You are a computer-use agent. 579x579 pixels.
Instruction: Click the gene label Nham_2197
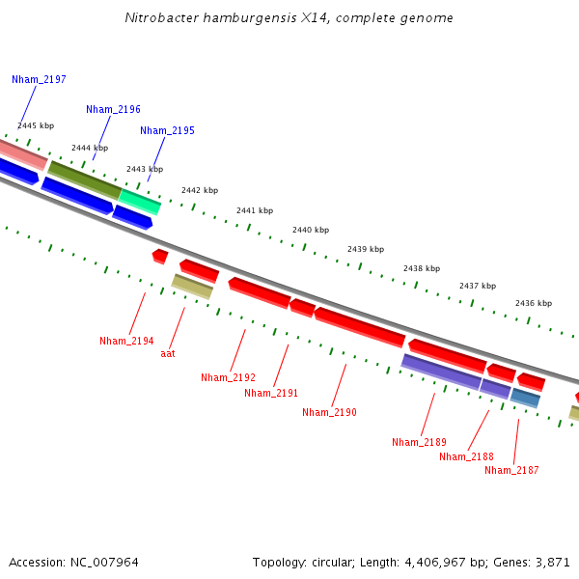click(x=39, y=79)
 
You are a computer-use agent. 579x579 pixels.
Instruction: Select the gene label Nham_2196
click(x=113, y=109)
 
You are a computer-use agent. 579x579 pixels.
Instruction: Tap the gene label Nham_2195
click(x=167, y=130)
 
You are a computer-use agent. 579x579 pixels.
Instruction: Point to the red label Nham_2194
click(x=126, y=341)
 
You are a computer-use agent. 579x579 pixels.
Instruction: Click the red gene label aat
click(x=168, y=353)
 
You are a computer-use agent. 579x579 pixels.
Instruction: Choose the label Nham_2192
click(x=228, y=377)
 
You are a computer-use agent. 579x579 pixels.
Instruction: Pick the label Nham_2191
click(x=271, y=393)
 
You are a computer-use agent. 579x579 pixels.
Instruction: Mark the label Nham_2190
click(x=329, y=412)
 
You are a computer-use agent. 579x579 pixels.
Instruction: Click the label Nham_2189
click(x=419, y=442)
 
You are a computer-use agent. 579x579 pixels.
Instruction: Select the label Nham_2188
click(x=466, y=456)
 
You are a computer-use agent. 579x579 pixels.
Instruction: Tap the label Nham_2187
click(x=511, y=470)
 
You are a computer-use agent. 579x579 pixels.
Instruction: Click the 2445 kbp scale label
click(x=36, y=125)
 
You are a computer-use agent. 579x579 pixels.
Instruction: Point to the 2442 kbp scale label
click(x=200, y=190)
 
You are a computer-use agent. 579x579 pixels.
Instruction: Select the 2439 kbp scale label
click(x=366, y=248)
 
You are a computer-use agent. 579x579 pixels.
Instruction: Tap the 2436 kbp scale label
click(x=534, y=303)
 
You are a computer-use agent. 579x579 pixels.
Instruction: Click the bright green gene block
click(x=140, y=201)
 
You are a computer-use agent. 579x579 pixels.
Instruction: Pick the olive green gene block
click(x=84, y=179)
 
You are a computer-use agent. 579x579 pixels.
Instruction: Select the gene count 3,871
click(x=551, y=562)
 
